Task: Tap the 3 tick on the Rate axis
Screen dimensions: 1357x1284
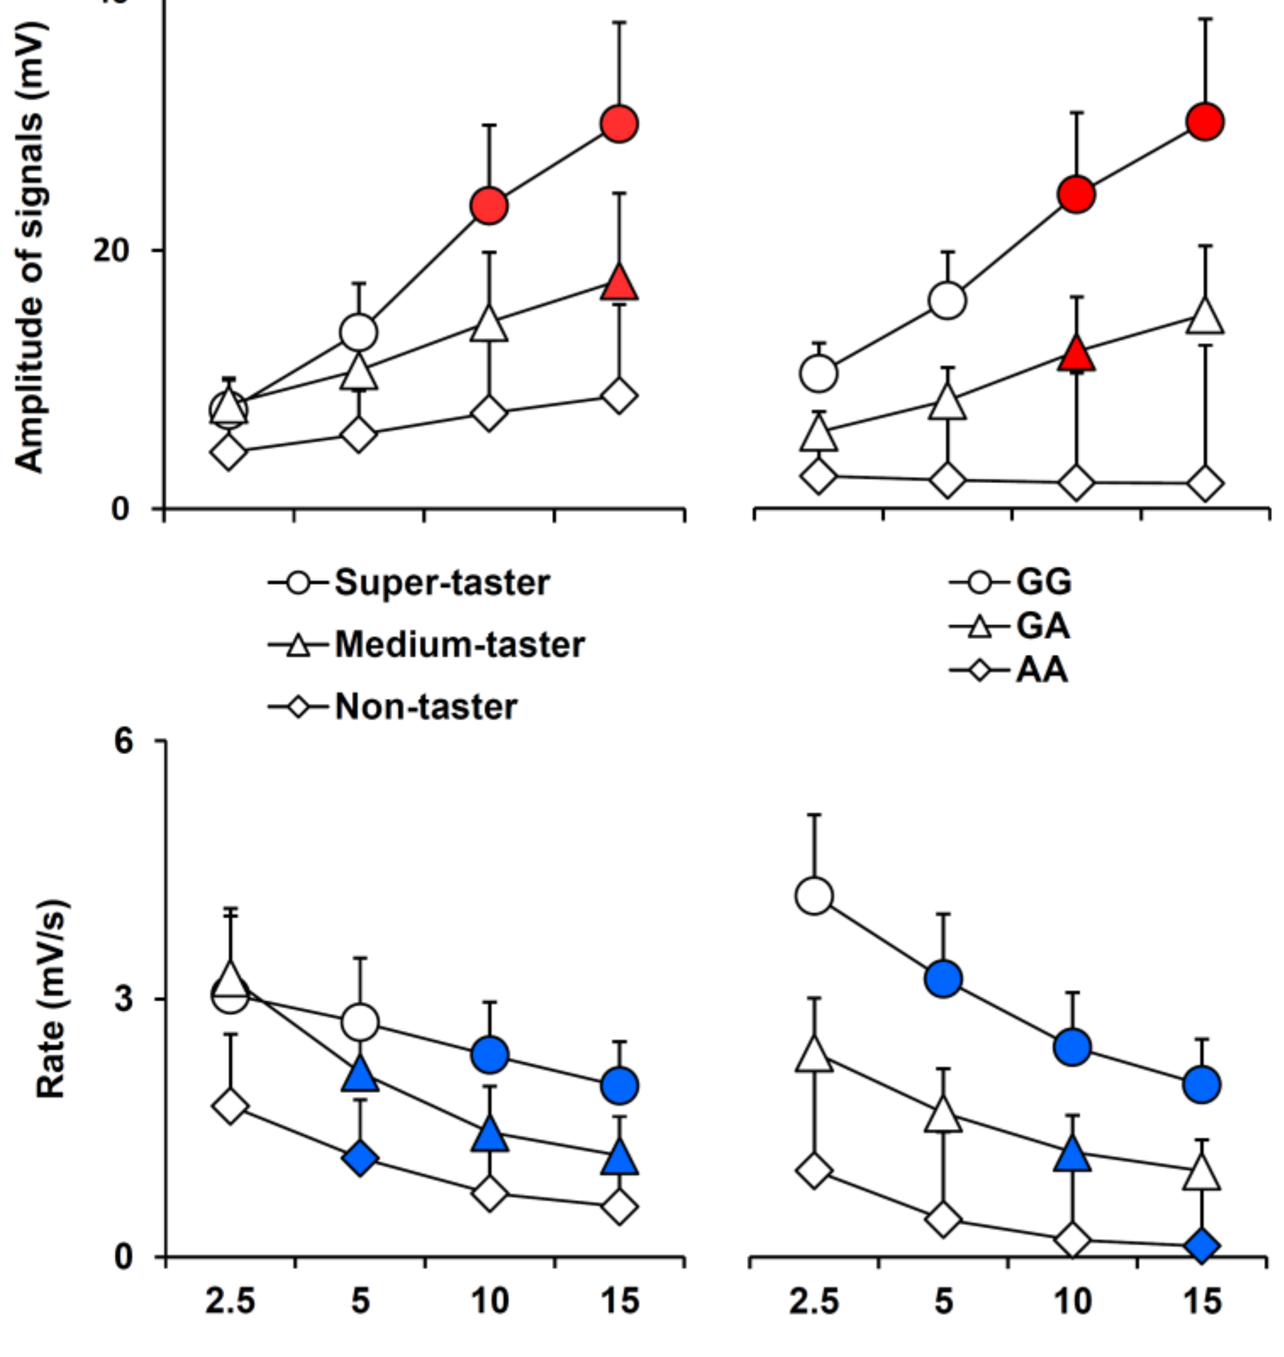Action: (x=124, y=999)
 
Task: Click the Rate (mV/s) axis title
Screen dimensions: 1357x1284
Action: (x=51, y=999)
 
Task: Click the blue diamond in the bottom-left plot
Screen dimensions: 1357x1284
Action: (x=360, y=1158)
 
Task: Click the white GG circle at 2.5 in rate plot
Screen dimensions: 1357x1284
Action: (x=815, y=896)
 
